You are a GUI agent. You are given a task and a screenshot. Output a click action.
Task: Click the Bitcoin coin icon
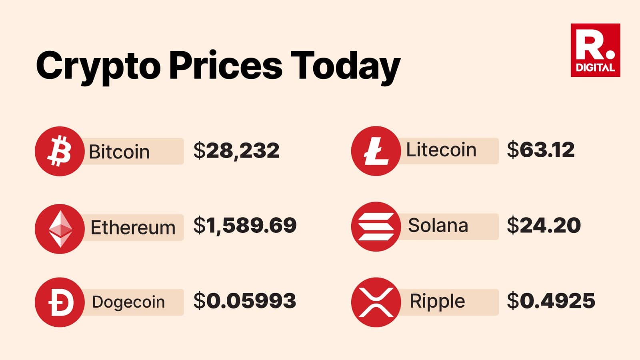[59, 151]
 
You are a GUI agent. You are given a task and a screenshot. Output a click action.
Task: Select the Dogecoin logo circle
[59, 302]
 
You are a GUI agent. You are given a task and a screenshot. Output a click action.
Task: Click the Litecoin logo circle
[376, 151]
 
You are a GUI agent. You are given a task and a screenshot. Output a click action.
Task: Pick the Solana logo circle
[376, 226]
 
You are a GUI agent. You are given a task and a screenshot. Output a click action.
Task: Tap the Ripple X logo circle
[376, 302]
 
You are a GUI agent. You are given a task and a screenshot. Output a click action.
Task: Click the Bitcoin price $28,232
[236, 150]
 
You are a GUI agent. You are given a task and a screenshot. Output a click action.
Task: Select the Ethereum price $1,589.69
[245, 226]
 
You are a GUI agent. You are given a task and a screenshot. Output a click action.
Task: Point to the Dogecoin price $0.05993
[244, 301]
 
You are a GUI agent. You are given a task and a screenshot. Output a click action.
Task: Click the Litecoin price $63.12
[540, 150]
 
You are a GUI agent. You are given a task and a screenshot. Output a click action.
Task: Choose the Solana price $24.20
[544, 226]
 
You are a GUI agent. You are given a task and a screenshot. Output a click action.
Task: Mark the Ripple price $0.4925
[551, 301]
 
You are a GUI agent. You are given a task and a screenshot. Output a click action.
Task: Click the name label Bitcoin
[119, 152]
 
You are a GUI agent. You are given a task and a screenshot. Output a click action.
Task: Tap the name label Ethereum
[133, 228]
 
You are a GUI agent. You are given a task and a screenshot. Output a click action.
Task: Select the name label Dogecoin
[128, 302]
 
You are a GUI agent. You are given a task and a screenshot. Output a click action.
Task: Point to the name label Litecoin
[441, 150]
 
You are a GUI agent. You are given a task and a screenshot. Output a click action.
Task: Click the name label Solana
[438, 226]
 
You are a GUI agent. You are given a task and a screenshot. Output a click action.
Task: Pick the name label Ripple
[438, 302]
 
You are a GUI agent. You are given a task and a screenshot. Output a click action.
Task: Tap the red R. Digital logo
[595, 50]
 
